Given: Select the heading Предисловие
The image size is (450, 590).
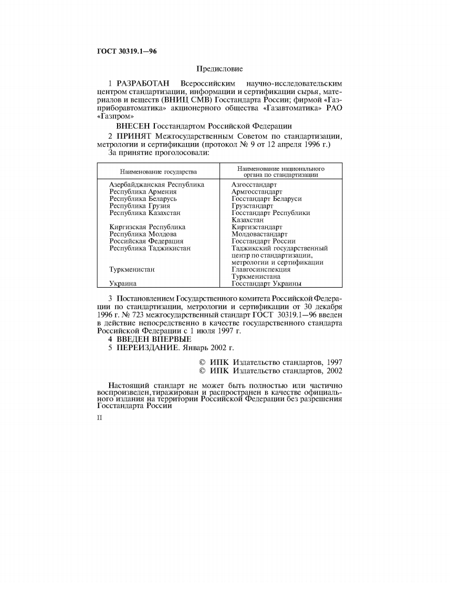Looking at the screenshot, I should tap(219, 68).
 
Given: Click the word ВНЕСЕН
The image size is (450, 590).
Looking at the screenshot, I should tap(133, 126).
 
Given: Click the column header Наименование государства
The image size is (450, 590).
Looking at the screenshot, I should tap(158, 172).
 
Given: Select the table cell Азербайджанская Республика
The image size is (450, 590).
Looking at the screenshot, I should tap(156, 185).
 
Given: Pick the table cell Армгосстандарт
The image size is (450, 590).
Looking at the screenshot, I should tap(257, 192).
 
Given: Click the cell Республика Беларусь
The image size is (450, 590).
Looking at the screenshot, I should tap(143, 199).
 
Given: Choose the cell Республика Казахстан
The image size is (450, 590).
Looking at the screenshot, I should tap(145, 213).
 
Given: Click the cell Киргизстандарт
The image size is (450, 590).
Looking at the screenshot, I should tap(257, 227).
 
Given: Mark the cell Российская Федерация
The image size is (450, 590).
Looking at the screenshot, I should tap(146, 241).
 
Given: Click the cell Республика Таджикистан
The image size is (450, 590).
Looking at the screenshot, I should tap(150, 248).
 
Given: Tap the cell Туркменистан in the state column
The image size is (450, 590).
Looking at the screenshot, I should tap(132, 270).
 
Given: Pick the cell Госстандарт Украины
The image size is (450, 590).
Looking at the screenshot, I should tap(266, 284).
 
